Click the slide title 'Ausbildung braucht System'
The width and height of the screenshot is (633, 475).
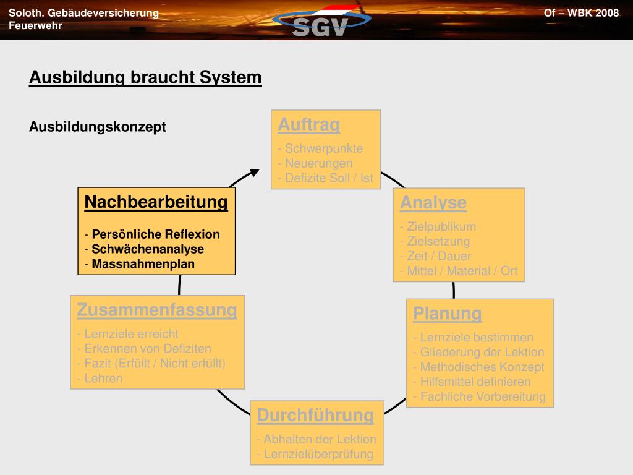pos(145,78)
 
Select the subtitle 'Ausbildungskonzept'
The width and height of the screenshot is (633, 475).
pos(98,127)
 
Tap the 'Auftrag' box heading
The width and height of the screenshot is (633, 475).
pos(308,125)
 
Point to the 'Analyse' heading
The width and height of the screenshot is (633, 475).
pos(433,203)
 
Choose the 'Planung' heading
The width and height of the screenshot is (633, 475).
pos(447,314)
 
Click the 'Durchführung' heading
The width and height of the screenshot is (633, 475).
pos(315,415)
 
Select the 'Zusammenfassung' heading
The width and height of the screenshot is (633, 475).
pos(157,310)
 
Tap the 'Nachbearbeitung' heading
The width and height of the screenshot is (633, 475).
pos(156,202)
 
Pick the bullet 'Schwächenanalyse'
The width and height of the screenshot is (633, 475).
pos(148,249)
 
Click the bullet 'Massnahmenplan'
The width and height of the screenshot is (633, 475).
pos(143,264)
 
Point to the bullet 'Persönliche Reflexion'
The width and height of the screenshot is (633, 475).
pos(156,234)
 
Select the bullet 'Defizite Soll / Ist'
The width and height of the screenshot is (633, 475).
pos(329,178)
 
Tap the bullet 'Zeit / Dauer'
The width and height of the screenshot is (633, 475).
pos(439,256)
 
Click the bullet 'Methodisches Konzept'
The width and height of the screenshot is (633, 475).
pos(482,367)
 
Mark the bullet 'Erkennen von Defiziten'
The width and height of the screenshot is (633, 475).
pos(148,348)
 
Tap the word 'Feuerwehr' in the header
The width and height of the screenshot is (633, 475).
pos(35,25)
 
